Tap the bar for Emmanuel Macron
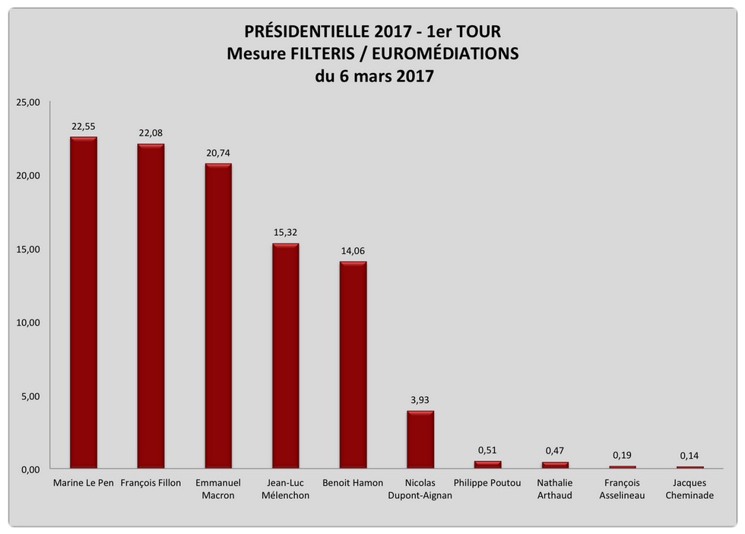[x=218, y=316]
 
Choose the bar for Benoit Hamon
[x=353, y=365]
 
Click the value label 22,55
[x=84, y=127]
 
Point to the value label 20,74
[x=218, y=153]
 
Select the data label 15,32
[x=286, y=233]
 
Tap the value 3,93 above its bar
[x=420, y=400]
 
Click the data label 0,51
[x=488, y=450]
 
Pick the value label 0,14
[x=690, y=456]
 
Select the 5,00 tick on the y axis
[x=27, y=396]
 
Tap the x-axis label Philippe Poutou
[x=487, y=483]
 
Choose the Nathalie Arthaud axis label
[x=555, y=488]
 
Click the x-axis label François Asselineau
[x=622, y=488]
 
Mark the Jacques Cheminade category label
[x=690, y=488]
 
